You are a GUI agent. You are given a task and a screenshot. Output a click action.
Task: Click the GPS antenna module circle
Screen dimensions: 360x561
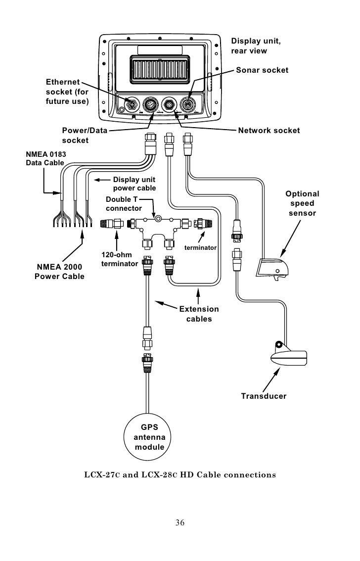147,436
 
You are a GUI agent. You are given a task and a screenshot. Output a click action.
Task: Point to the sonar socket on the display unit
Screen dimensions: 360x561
187,105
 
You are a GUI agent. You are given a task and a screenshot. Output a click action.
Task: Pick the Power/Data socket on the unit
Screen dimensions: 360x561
150,105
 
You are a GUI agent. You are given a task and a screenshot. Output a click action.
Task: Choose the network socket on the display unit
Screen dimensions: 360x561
169,105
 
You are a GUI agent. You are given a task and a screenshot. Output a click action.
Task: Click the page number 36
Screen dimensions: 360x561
180,522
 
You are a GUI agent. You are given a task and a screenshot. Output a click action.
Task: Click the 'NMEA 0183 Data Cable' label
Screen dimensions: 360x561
46,158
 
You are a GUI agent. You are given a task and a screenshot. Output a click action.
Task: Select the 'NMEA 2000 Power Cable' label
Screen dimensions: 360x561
59,272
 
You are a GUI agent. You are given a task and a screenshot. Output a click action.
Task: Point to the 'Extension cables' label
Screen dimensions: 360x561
199,314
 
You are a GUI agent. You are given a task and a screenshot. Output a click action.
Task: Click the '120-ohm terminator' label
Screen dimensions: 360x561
119,259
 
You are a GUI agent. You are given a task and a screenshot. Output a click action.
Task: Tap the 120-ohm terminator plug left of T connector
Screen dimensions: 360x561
112,224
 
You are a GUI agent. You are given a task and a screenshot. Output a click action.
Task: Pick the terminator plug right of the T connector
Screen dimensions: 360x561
203,224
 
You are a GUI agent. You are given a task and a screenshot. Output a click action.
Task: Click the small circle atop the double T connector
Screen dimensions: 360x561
158,217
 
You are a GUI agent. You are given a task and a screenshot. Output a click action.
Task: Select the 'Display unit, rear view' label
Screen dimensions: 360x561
256,46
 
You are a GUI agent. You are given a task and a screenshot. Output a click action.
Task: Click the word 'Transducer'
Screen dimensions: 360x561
264,396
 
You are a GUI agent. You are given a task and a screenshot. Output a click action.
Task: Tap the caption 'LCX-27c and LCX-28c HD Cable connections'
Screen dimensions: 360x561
180,474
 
